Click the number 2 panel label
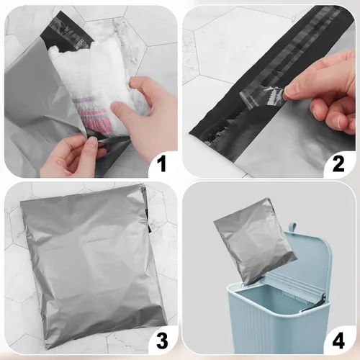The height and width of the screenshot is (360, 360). click(338, 164)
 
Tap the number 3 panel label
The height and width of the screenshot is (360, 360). click(162, 340)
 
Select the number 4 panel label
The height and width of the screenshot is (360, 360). click(338, 340)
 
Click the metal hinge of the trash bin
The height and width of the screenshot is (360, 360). click(312, 305)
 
